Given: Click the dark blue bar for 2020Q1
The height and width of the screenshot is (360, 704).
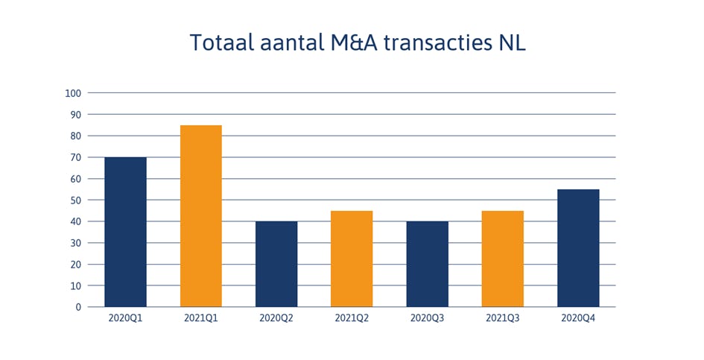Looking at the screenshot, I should coord(125,232).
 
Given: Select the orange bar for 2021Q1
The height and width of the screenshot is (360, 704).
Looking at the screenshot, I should coord(201,216).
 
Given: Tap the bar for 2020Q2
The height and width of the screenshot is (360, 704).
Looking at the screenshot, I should coord(276,264).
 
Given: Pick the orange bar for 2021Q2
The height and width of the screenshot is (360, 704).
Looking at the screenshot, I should coord(352,259).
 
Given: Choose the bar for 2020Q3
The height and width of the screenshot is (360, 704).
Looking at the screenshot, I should coord(427,264).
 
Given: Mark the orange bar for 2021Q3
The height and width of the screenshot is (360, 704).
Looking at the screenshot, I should coord(502,259).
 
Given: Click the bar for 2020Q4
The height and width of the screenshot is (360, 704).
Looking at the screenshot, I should coord(578,248).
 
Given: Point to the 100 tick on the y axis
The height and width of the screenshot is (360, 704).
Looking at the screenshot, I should coord(73,93).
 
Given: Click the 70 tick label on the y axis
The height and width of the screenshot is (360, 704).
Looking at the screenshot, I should coord(75,157).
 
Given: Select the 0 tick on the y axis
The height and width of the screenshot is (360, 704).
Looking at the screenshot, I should coord(77,307).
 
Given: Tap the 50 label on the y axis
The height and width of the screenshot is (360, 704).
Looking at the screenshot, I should coord(75,200).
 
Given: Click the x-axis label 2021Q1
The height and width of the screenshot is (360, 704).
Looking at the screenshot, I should coord(201,318).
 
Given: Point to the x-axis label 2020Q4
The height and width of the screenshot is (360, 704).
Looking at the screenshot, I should coord(578,318).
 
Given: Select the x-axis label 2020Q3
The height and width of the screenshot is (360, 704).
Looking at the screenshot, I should coord(427,318).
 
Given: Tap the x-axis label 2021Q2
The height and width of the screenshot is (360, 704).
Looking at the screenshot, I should coord(352,318).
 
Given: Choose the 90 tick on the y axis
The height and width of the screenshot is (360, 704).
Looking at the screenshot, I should coord(75,115).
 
